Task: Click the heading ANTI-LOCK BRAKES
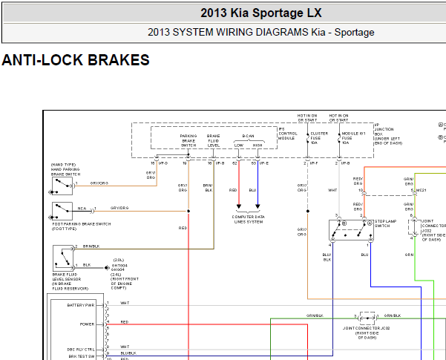[76, 60]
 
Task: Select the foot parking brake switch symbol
[61, 211]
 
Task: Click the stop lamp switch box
[351, 230]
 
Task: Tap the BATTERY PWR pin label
[81, 304]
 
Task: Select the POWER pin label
[87, 324]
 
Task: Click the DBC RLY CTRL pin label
[81, 347]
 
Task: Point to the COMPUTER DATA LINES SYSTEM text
[248, 219]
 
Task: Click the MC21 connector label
[421, 191]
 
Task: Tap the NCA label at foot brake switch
[82, 209]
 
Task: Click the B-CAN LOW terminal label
[239, 145]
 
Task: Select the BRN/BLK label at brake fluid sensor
[91, 246]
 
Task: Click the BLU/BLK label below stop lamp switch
[327, 257]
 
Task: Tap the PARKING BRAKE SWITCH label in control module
[188, 141]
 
